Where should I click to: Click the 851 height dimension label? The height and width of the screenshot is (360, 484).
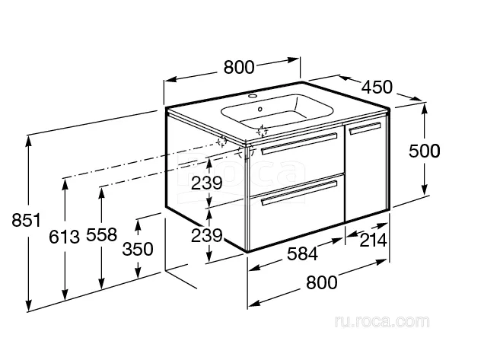(x=26, y=221)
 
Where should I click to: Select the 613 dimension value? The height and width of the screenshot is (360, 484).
(x=65, y=237)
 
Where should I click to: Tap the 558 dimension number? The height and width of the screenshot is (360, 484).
(x=101, y=234)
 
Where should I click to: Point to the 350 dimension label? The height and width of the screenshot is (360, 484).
(x=138, y=249)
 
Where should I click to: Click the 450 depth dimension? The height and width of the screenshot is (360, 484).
(x=377, y=87)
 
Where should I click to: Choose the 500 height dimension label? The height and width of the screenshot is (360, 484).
(x=425, y=151)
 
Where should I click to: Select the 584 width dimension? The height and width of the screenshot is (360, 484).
(x=302, y=254)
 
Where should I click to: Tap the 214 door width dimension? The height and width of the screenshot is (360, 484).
(x=374, y=241)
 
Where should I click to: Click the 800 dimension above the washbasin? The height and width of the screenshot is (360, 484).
(x=239, y=67)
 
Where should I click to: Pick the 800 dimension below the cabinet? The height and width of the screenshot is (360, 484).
(x=322, y=282)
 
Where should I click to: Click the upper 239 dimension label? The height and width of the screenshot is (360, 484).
(x=206, y=183)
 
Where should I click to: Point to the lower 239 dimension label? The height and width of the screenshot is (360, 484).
(x=206, y=236)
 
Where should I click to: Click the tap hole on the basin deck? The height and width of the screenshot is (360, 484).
(x=253, y=96)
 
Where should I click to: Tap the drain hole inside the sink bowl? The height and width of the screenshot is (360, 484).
(x=260, y=109)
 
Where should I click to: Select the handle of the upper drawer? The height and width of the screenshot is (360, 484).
(x=299, y=143)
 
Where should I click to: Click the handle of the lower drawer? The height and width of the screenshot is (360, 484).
(x=299, y=193)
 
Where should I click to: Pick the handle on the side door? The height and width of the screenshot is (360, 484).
(x=365, y=128)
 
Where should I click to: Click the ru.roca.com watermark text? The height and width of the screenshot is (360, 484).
(x=382, y=321)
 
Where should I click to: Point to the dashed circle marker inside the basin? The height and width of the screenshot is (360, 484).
(x=262, y=131)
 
